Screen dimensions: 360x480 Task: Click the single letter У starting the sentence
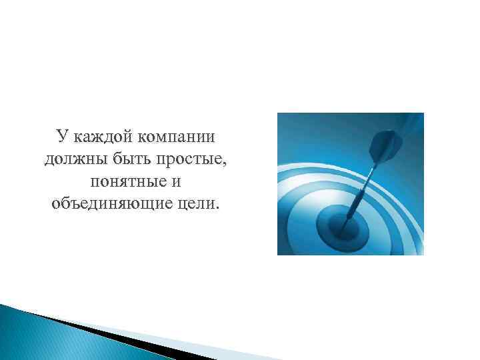[62, 137]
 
